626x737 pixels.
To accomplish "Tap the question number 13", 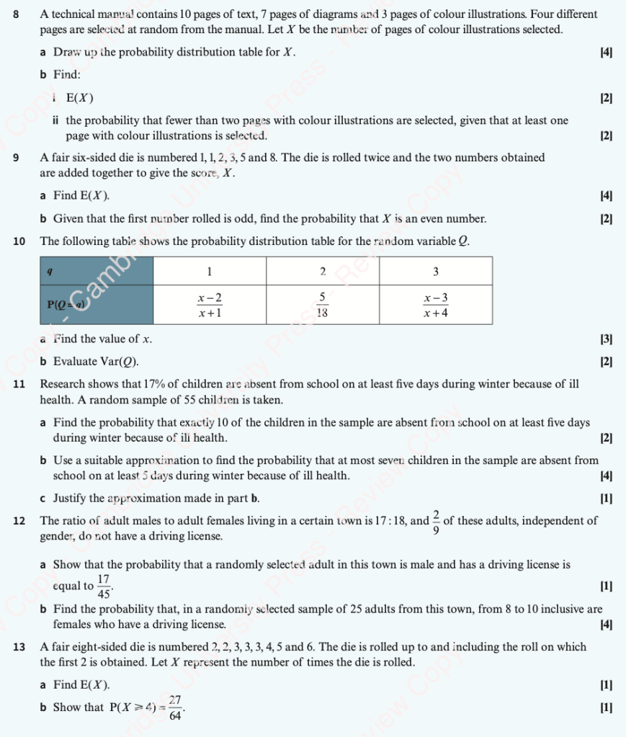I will [x=19, y=647].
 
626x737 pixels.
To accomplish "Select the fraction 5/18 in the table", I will [x=323, y=305].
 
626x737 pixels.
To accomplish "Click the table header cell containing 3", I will [x=435, y=272].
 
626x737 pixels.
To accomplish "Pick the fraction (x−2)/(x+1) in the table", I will [x=210, y=305].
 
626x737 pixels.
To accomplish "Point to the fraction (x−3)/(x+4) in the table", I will [x=435, y=305].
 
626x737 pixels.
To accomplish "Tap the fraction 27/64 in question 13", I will [x=174, y=707].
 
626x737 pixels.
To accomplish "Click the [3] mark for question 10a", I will [x=606, y=339].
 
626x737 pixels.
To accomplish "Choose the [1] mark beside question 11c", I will [x=606, y=498].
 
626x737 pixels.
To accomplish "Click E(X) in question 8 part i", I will [x=79, y=98].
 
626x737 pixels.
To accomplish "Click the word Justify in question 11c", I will [x=70, y=498].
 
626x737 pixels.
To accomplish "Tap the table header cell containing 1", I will [x=210, y=272].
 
